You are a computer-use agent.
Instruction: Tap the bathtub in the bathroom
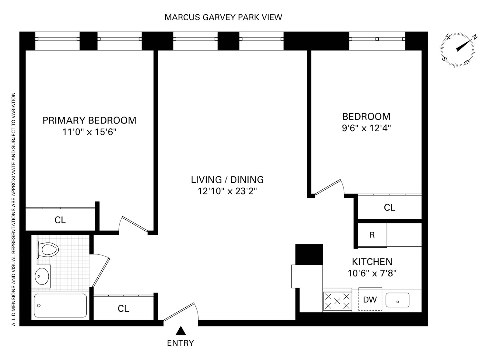coord(60,305)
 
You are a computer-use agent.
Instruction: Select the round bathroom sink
coord(42,276)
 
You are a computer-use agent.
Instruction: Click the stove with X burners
coord(337,301)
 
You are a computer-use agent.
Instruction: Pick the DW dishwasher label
coord(370,299)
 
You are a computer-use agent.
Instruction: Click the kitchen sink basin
coord(397,300)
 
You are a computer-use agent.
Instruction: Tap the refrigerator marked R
coord(372,235)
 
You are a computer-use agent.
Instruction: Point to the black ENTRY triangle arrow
coord(180,331)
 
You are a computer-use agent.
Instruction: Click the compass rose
coord(457,49)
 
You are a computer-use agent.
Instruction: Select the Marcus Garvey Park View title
coord(223,17)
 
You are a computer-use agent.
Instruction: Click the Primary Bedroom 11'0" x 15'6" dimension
coord(89,132)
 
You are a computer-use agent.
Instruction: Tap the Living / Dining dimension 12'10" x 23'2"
coord(227,191)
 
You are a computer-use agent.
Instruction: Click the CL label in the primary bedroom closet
coord(60,220)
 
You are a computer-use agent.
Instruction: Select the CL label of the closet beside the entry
coord(123,309)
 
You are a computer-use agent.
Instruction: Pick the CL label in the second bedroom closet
coord(389,208)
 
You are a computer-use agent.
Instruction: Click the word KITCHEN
coord(372,262)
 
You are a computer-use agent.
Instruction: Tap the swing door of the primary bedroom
coord(134,224)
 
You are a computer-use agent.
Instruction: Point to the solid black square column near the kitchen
coord(309,254)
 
